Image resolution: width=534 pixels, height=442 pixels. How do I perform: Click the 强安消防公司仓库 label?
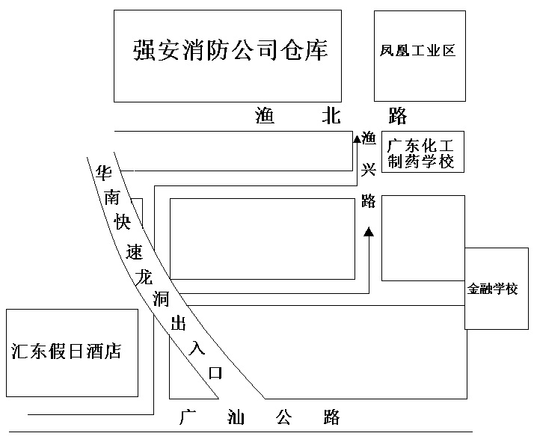click(230, 50)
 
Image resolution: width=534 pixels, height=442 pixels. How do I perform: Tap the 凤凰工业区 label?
click(417, 51)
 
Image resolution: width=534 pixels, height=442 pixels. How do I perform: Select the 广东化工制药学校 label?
click(421, 153)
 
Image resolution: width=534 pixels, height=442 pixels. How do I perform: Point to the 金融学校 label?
click(492, 289)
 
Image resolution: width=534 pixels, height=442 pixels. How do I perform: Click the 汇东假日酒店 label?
click(66, 351)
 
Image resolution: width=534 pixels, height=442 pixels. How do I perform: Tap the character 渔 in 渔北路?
click(265, 115)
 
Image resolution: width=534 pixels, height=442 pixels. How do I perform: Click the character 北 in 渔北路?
click(331, 115)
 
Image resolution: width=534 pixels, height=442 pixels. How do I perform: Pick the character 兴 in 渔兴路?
click(368, 169)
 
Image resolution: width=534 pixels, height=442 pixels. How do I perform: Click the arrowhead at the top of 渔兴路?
click(357, 138)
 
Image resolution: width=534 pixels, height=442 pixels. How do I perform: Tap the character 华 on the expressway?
click(103, 173)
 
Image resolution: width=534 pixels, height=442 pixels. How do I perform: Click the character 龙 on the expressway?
click(144, 277)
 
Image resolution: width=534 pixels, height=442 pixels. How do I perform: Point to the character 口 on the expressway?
click(215, 373)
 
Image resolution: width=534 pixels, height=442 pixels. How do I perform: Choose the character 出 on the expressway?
click(179, 323)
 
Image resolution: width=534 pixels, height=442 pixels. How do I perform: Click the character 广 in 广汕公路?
click(187, 417)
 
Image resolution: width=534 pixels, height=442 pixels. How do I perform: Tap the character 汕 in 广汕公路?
click(236, 417)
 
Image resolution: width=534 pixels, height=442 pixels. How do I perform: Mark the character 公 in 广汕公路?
click(283, 417)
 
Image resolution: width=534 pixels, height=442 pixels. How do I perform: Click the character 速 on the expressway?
click(134, 251)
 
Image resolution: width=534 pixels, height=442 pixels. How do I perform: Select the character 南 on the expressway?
click(112, 197)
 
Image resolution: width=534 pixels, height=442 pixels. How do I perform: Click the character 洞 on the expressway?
click(161, 299)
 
